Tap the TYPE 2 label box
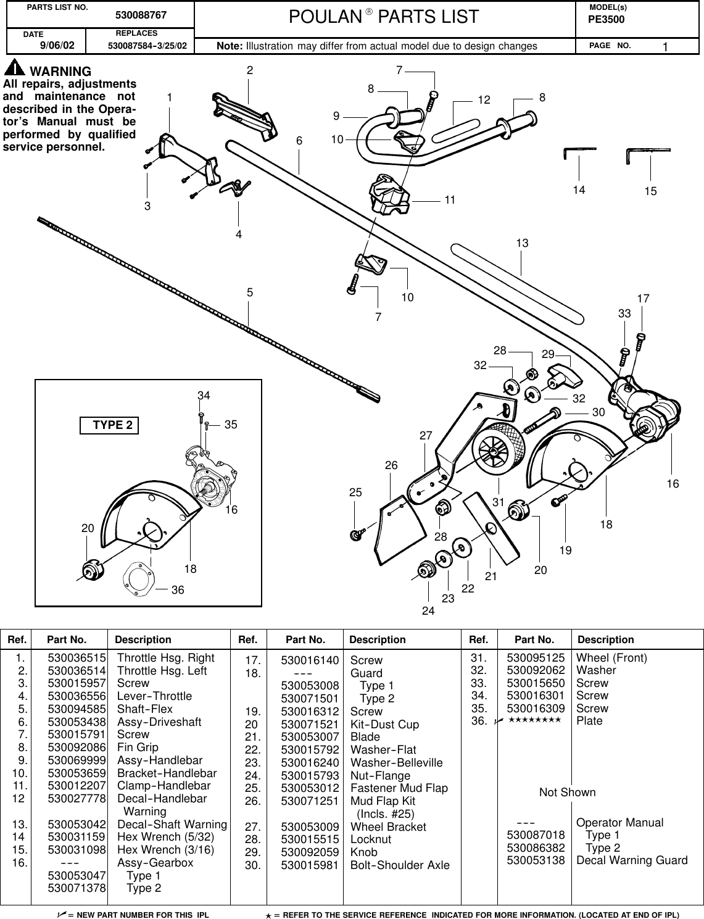[x=109, y=425]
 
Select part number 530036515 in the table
[x=77, y=658]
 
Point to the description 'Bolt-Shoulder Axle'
[x=400, y=865]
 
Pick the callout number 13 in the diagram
[x=522, y=244]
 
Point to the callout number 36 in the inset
[x=178, y=590]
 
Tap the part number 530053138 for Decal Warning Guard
[x=535, y=860]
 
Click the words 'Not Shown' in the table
[x=567, y=792]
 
